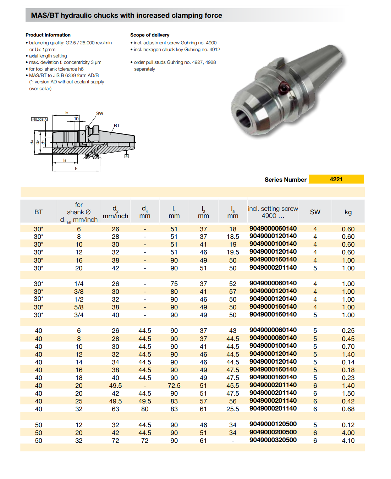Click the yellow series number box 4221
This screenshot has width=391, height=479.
click(336, 179)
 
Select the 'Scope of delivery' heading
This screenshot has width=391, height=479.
click(150, 35)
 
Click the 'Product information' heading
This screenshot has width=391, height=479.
click(48, 35)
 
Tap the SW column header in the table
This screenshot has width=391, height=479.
click(315, 212)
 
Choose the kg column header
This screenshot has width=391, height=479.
click(348, 212)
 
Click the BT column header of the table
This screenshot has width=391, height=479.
click(38, 212)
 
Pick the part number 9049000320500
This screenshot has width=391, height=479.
click(273, 440)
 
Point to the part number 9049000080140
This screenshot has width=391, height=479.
click(273, 338)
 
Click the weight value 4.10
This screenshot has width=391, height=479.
click(348, 441)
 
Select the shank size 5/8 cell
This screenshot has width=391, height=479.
click(79, 307)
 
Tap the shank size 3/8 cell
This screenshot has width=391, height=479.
click(79, 292)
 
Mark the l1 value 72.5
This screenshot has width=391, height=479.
click(174, 386)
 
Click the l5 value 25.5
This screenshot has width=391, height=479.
click(233, 409)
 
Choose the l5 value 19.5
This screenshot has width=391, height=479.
click(233, 252)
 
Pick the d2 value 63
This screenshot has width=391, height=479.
click(115, 409)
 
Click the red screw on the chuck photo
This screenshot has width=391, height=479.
click(284, 87)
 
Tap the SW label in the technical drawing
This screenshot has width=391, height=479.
click(100, 114)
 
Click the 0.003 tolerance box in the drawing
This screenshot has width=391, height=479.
click(39, 120)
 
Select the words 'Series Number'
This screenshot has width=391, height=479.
click(285, 180)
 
